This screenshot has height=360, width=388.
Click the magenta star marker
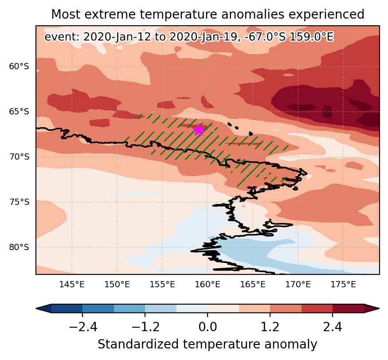199,129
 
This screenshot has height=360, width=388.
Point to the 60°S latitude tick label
19,67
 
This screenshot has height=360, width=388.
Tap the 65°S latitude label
19,112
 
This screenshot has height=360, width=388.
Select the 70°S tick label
19,157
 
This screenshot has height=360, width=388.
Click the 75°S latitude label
19,202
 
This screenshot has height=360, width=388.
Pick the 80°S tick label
19,247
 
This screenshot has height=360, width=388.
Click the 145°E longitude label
72,285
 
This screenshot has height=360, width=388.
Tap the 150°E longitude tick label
117,285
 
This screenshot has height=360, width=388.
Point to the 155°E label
162,285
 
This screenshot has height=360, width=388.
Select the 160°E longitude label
208,285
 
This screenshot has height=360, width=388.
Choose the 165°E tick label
253,285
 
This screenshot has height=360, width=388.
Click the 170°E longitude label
298,285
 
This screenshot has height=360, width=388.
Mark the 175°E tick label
343,285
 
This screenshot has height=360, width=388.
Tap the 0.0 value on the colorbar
208,327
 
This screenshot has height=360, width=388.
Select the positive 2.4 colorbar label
333,327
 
